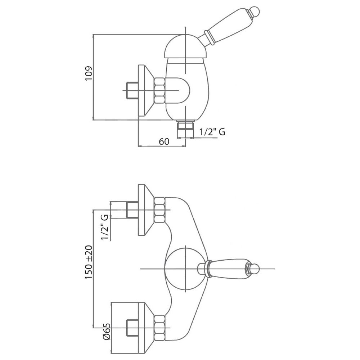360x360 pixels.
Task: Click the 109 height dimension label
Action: [x=89, y=73]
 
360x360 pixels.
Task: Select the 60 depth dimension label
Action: [x=164, y=141]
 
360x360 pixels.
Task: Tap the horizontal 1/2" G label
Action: [x=212, y=132]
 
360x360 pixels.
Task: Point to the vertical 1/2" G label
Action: [x=104, y=227]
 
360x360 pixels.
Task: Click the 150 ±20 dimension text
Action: [x=89, y=262]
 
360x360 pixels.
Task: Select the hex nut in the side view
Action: [x=159, y=90]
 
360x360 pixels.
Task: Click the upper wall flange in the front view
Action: [x=146, y=210]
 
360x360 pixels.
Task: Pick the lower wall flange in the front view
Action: [x=146, y=328]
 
